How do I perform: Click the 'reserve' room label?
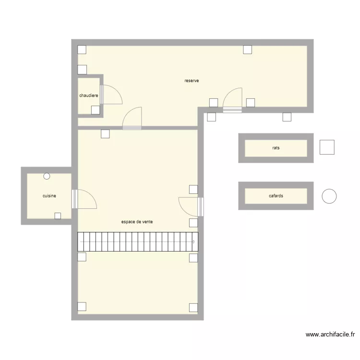point(192,81)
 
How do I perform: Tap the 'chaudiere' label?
point(89,96)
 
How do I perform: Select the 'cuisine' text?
point(49,196)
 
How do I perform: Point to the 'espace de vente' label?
point(137,222)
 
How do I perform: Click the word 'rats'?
point(276,148)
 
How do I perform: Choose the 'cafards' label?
point(276,196)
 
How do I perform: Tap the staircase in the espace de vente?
point(138,241)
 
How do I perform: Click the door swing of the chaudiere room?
point(111,95)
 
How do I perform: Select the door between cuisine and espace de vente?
point(84,199)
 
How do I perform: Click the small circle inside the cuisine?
point(47,176)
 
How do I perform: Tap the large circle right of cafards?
point(329,196)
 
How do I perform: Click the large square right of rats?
point(327,147)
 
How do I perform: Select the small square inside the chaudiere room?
point(96,110)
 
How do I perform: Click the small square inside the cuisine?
point(58,216)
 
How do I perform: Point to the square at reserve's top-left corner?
point(82,49)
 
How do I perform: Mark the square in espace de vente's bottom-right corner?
point(193,307)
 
